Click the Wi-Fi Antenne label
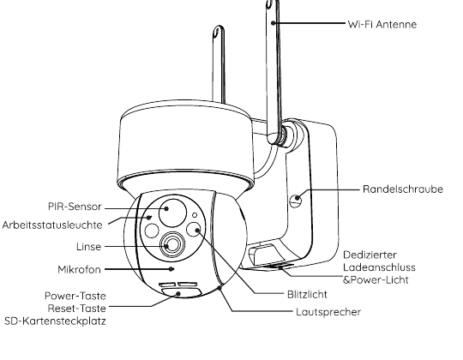pos(382,24)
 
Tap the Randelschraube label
pos(403,189)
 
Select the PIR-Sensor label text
pos(75,207)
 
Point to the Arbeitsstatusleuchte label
pos(52,225)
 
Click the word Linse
pos(88,246)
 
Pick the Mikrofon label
pos(79,269)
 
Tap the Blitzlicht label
pos(307,294)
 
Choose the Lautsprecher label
pos(328,312)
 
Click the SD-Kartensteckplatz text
pos(55,321)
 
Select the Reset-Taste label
pos(77,309)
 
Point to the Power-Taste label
pos(75,296)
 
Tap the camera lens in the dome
pos(172,245)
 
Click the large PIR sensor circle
pos(172,213)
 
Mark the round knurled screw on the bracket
pos(296,201)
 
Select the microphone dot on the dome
pos(171,269)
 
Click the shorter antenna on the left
pos(219,64)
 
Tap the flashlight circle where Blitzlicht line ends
pos(194,230)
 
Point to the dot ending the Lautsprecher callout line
pos(219,287)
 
